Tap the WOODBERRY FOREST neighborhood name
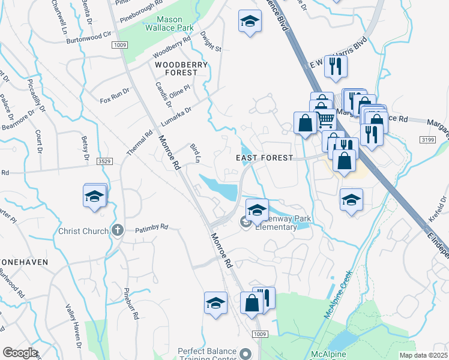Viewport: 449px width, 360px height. [181, 68]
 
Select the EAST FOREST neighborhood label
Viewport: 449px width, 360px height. [264, 158]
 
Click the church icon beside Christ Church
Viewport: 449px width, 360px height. [117, 231]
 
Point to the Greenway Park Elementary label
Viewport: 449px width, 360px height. [279, 223]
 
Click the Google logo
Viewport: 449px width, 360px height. [20, 353]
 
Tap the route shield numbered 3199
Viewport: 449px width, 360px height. [427, 140]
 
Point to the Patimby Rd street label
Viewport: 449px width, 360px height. [151, 228]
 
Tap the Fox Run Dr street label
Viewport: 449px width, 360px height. [115, 95]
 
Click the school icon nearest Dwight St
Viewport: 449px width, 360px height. [247, 23]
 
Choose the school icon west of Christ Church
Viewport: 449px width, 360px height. [95, 196]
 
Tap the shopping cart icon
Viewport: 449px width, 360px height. [325, 119]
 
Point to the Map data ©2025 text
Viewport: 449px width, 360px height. [423, 355]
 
